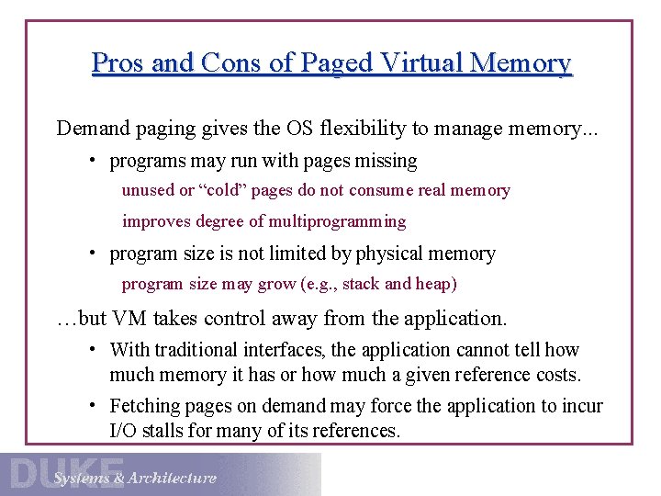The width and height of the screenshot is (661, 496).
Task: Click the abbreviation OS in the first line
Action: [299, 129]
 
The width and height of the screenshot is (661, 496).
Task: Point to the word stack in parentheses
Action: [361, 284]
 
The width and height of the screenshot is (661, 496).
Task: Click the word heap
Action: [432, 284]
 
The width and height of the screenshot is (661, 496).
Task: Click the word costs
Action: [557, 375]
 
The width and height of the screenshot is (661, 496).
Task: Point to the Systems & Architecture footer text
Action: [135, 478]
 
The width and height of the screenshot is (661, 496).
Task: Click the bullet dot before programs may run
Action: [94, 161]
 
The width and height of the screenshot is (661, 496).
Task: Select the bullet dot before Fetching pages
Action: [94, 405]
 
